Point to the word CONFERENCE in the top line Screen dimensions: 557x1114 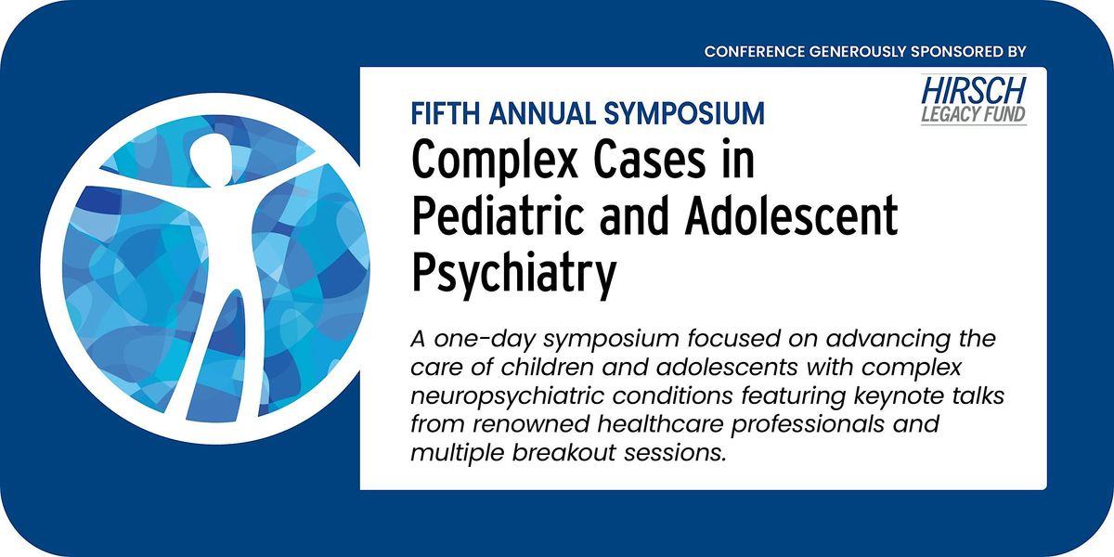(754, 50)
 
